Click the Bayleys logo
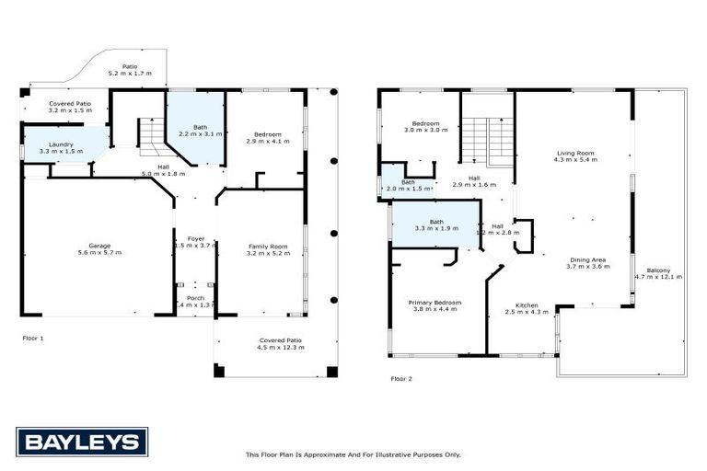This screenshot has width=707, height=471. [81, 442]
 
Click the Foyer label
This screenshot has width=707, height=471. [196, 242]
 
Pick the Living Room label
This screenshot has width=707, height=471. [575, 155]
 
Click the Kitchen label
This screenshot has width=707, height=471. [527, 308]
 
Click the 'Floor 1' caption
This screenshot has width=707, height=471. [33, 339]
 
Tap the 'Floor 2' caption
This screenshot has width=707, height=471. [401, 378]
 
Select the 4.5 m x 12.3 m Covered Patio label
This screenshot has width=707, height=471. [278, 343]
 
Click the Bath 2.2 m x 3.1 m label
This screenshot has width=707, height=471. [201, 131]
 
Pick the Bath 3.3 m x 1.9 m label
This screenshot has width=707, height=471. [435, 224]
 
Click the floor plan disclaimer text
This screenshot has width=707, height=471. [353, 454]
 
